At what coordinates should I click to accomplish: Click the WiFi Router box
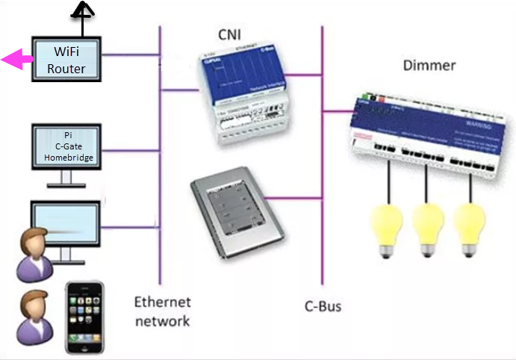[66, 60]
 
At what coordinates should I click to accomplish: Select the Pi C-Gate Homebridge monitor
[67, 146]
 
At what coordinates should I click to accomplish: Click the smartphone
[84, 317]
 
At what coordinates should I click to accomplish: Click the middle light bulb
[428, 229]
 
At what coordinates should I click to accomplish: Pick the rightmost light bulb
[470, 229]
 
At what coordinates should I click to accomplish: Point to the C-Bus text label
[324, 305]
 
